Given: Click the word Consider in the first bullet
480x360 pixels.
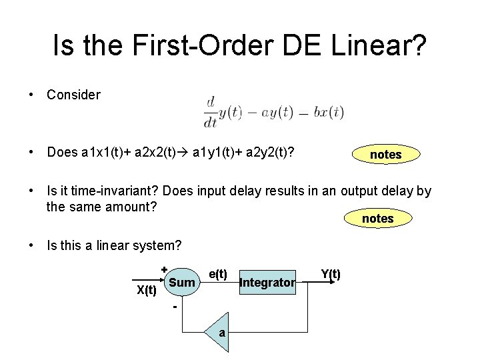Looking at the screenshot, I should coord(73,95).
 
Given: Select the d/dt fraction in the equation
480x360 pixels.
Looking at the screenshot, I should coord(211,111).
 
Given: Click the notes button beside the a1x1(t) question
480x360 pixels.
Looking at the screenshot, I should coord(385,155).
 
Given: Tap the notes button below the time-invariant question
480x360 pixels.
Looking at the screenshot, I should coord(377,219).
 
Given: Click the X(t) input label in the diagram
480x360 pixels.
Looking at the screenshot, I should coord(147,289).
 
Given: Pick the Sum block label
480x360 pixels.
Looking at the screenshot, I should coord(182,283).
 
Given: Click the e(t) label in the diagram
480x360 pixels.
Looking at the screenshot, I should coord(218,273).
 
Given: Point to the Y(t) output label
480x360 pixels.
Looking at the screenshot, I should coord(331,273).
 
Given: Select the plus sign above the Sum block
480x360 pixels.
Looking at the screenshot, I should coord(164,269).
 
